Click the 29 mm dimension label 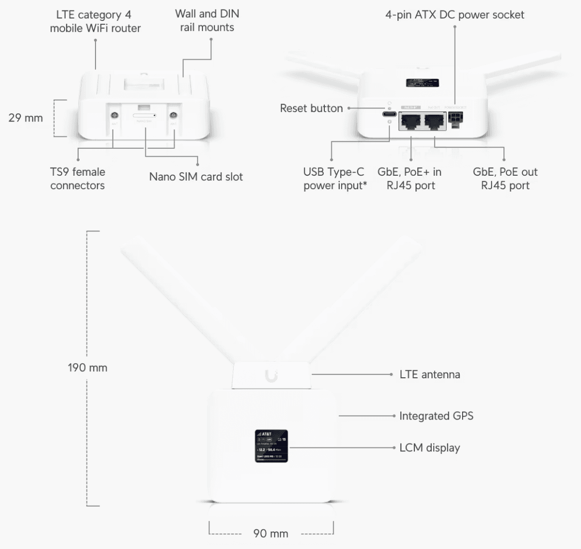25,118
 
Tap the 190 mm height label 88,368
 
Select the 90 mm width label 271,534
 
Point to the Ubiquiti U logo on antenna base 271,376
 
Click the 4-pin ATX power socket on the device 454,118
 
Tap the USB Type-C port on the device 389,115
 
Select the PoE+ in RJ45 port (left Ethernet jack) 411,121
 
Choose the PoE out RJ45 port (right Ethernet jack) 435,121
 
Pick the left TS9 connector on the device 114,115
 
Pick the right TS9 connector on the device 174,115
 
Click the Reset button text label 311,108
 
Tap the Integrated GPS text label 436,416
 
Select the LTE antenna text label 430,374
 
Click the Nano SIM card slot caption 196,177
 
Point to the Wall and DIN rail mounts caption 207,21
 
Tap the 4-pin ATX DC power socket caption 455,14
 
